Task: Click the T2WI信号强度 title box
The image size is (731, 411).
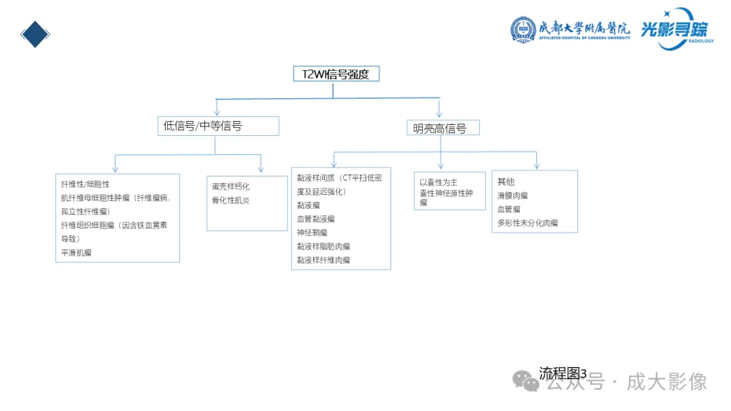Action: click(336, 74)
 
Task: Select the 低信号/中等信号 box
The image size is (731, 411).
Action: click(218, 126)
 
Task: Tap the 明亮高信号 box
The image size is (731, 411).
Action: click(443, 128)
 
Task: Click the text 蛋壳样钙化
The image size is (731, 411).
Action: click(231, 187)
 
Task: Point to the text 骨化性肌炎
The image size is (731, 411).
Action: click(231, 200)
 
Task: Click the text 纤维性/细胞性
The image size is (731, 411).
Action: click(85, 184)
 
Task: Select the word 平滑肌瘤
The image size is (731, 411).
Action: click(76, 253)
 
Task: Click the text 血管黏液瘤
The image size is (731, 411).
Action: click(315, 219)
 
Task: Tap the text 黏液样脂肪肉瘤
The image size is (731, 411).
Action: click(324, 246)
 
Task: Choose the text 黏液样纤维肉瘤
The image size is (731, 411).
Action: click(324, 260)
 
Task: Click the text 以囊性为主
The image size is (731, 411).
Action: click(439, 183)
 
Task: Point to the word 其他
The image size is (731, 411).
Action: click(506, 182)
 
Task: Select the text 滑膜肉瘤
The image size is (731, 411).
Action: click(512, 195)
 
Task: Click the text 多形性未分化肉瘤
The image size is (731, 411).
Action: click(527, 222)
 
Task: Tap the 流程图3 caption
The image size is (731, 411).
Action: click(562, 372)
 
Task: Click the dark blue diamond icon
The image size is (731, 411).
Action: click(35, 34)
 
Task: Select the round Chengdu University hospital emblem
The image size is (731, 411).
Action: click(523, 29)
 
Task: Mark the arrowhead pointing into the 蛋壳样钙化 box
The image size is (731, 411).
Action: click(261, 169)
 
